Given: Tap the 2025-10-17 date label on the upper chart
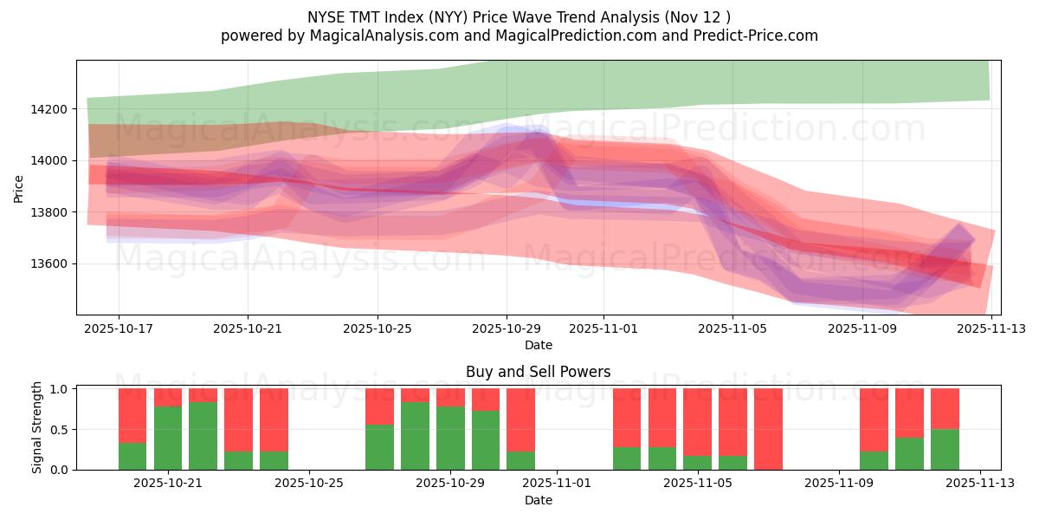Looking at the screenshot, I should [x=119, y=329].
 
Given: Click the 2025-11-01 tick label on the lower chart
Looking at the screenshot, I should [x=557, y=484].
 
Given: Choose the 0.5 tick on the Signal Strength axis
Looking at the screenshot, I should [x=61, y=430].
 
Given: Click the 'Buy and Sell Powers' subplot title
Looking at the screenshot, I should [x=538, y=372].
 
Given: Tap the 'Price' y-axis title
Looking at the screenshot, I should [x=19, y=187].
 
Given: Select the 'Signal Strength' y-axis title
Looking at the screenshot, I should [x=36, y=428].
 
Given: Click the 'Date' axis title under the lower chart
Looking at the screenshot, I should [x=538, y=500].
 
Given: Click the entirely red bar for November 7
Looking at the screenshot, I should [x=768, y=429].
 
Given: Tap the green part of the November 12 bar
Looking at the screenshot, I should [x=945, y=449].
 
